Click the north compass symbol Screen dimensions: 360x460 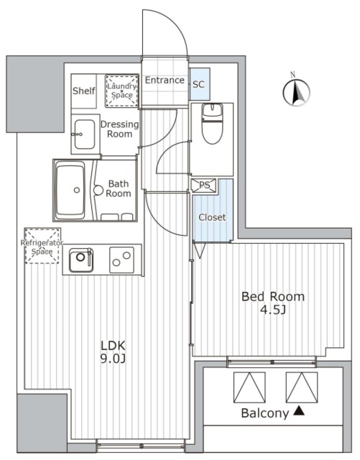[296, 91]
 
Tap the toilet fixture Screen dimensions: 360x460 [213, 124]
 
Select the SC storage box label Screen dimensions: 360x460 [198, 85]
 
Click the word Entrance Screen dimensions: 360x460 [165, 80]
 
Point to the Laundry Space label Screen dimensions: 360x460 [121, 91]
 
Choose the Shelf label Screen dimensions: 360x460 [84, 91]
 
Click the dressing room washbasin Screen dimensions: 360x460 [84, 134]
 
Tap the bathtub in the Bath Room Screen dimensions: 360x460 [71, 190]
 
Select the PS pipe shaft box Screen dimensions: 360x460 [205, 185]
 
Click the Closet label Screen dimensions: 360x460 [213, 217]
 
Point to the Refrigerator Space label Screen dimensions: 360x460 [42, 247]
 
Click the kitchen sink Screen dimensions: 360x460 [81, 259]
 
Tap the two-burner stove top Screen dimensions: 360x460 [121, 260]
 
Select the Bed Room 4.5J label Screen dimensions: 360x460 [273, 303]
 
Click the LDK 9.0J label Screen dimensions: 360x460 [114, 351]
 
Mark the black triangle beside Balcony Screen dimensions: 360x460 [299, 410]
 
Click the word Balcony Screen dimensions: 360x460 [264, 413]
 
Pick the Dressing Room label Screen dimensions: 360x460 [120, 129]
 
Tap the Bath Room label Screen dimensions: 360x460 [119, 188]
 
